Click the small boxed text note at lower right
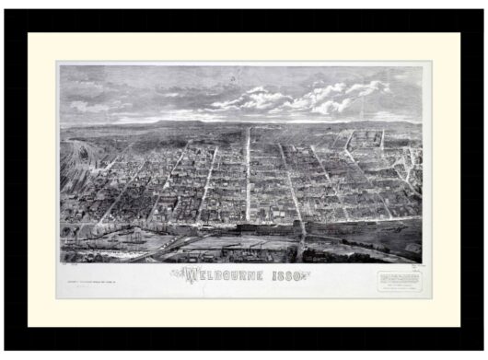pyautogui.click(x=397, y=278)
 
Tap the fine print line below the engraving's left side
pyautogui.click(x=97, y=271)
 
